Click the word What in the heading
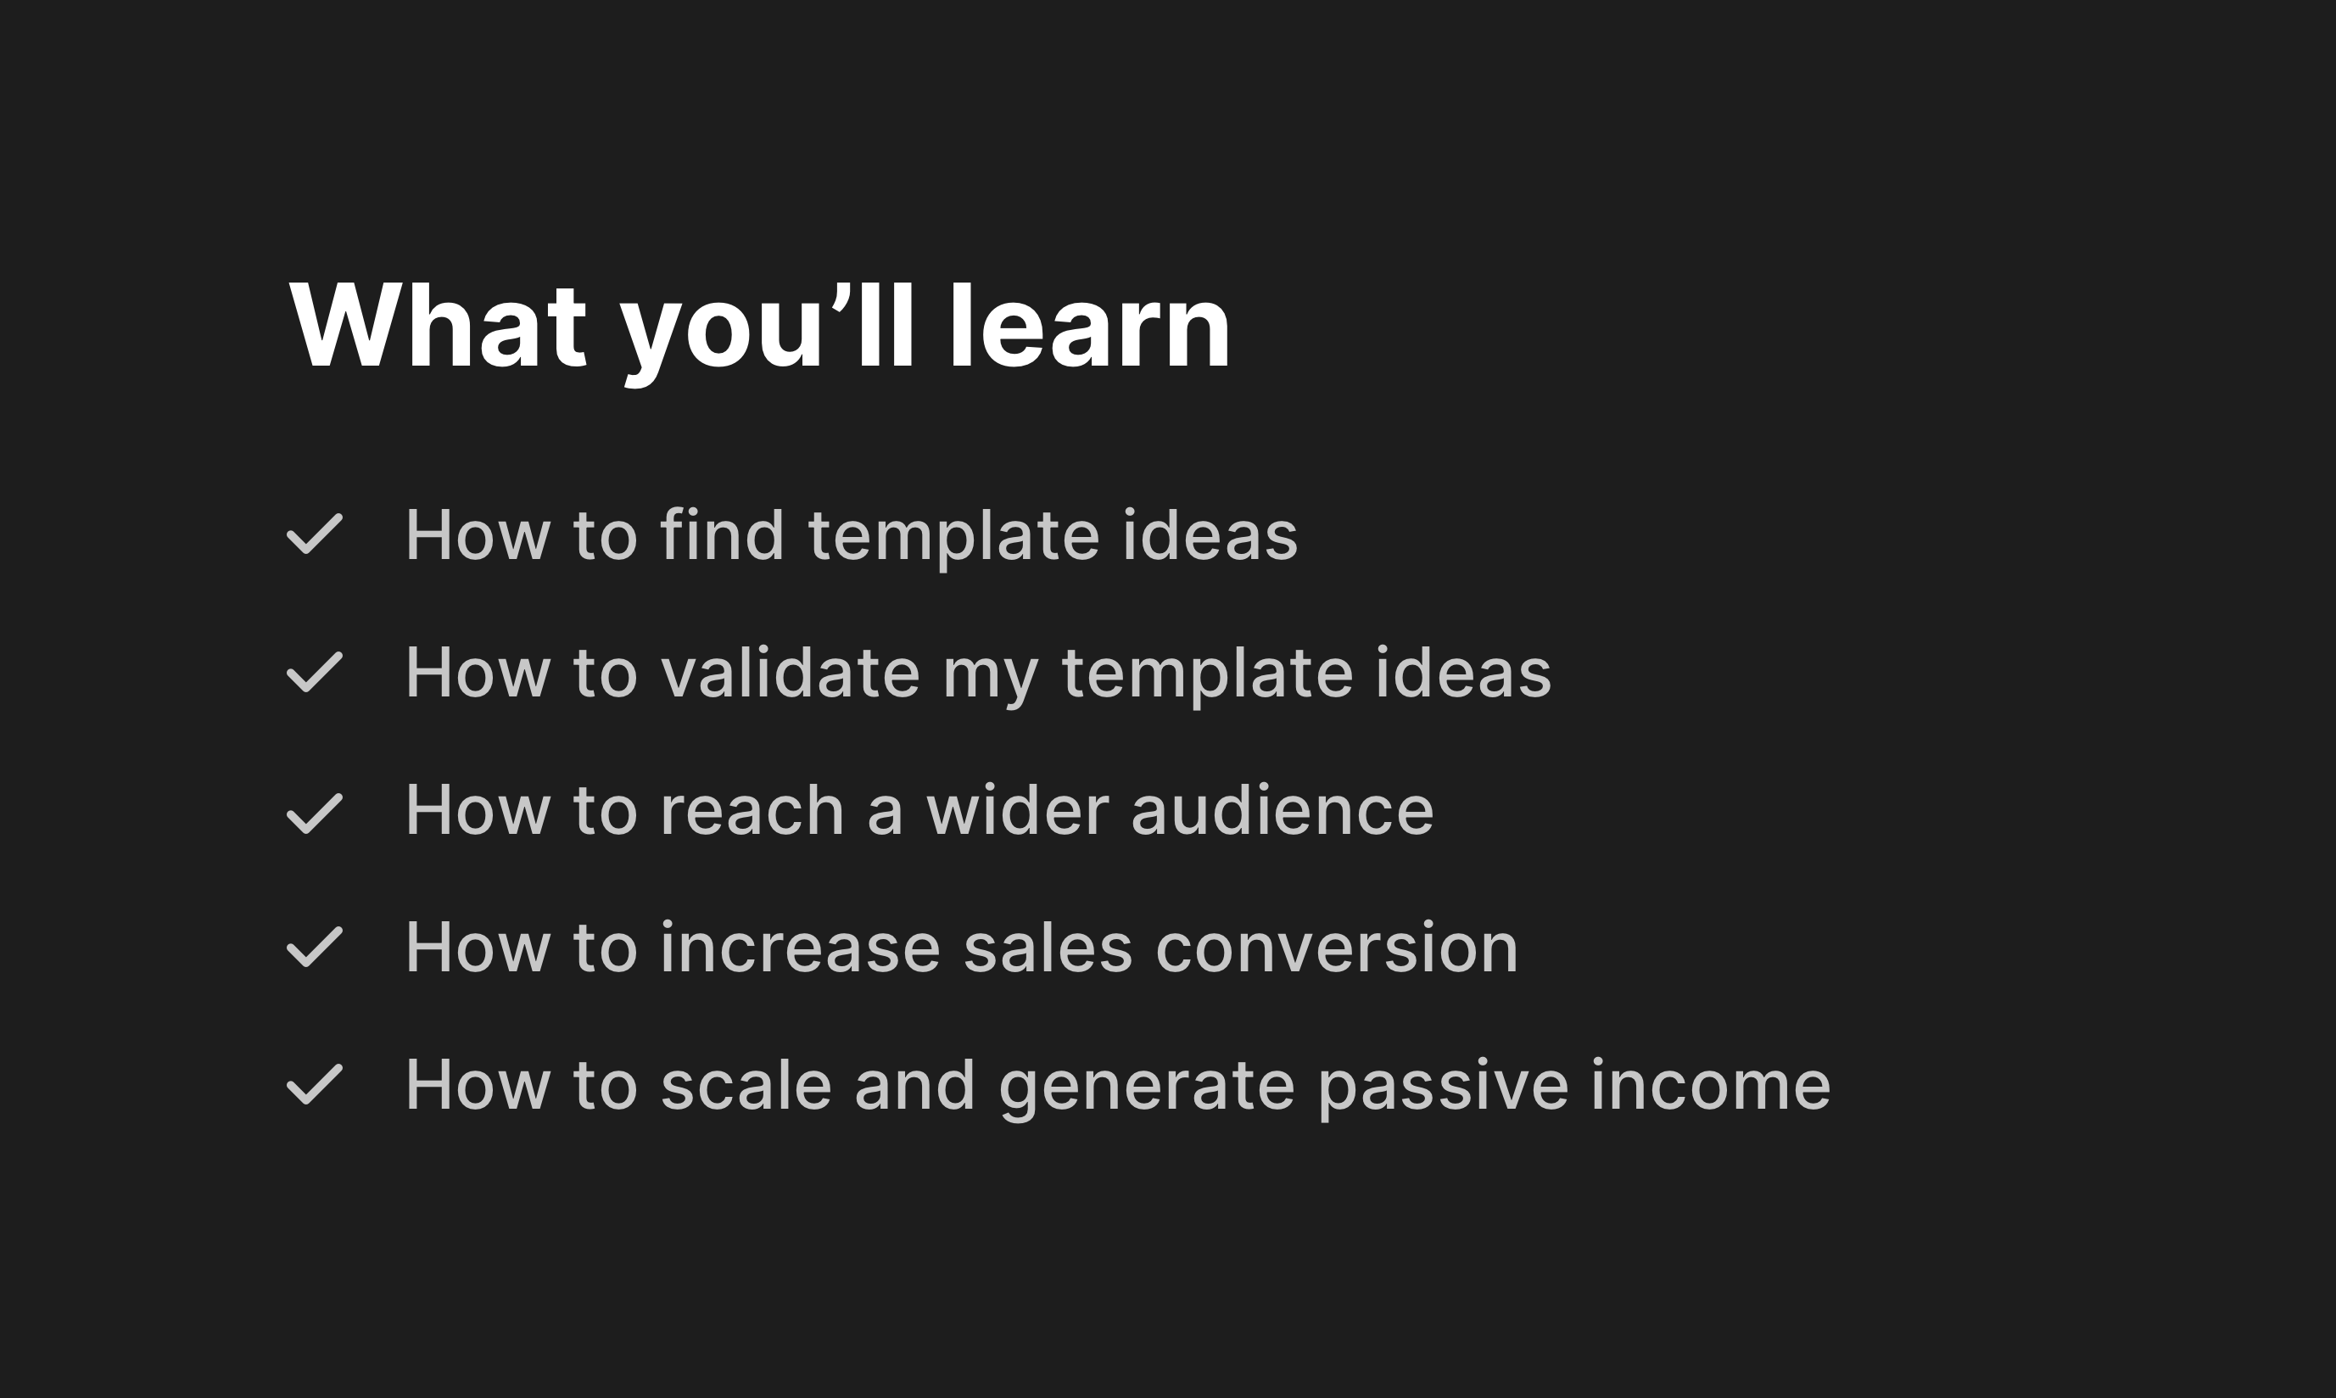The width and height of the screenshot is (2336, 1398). click(x=438, y=326)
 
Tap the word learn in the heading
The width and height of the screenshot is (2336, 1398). click(x=1089, y=326)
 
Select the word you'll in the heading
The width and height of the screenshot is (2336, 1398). click(x=767, y=330)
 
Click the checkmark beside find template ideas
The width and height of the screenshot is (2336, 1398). click(x=315, y=534)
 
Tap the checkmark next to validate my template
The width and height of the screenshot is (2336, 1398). click(x=315, y=673)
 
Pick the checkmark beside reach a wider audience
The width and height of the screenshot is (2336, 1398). click(x=315, y=813)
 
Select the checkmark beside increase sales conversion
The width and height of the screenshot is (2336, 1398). click(x=315, y=947)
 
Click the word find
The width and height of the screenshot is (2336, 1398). click(x=723, y=535)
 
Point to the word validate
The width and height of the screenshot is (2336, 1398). click(x=791, y=673)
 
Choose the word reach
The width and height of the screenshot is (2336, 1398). click(x=752, y=810)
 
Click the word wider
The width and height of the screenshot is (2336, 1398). click(x=1017, y=810)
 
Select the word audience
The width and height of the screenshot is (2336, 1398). click(x=1282, y=810)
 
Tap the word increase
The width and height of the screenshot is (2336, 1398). click(x=800, y=948)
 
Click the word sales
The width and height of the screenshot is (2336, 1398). click(x=1048, y=948)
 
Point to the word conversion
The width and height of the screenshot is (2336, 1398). click(x=1337, y=948)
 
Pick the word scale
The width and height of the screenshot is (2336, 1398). click(x=746, y=1085)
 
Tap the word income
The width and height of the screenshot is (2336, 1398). click(x=1711, y=1085)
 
